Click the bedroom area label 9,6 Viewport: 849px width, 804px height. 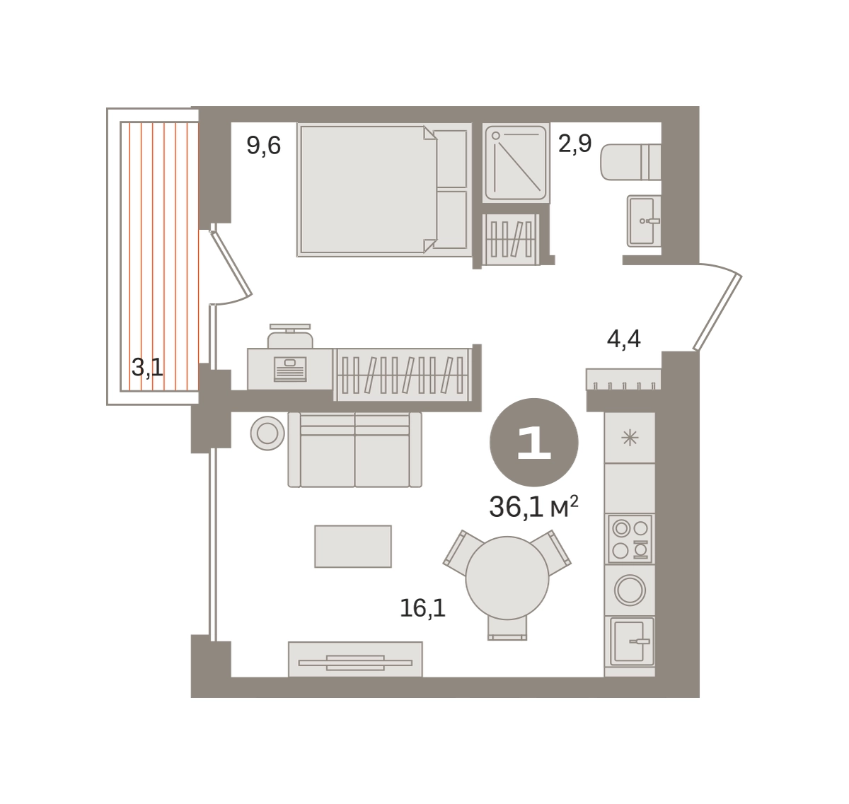[x=263, y=145]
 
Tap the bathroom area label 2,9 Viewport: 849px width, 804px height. [x=574, y=144]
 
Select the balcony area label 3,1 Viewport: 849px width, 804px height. [x=147, y=368]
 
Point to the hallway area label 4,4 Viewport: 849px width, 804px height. [x=623, y=339]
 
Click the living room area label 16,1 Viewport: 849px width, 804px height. [x=422, y=608]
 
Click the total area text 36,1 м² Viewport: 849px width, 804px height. [x=533, y=506]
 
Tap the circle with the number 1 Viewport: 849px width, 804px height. [x=533, y=442]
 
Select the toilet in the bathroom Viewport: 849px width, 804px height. [x=630, y=162]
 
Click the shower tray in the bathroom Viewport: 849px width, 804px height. [x=516, y=163]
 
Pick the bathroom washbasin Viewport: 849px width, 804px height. [x=644, y=221]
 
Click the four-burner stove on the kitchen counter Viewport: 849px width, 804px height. [x=630, y=540]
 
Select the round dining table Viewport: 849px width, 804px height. [x=507, y=578]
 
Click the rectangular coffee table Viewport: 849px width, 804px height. [x=353, y=546]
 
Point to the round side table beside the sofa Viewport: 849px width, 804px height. [x=267, y=433]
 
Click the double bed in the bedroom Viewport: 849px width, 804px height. [x=384, y=190]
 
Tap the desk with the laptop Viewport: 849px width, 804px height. [x=290, y=369]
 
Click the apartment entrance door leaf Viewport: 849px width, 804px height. [x=717, y=312]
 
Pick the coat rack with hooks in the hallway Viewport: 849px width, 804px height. [x=623, y=380]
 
